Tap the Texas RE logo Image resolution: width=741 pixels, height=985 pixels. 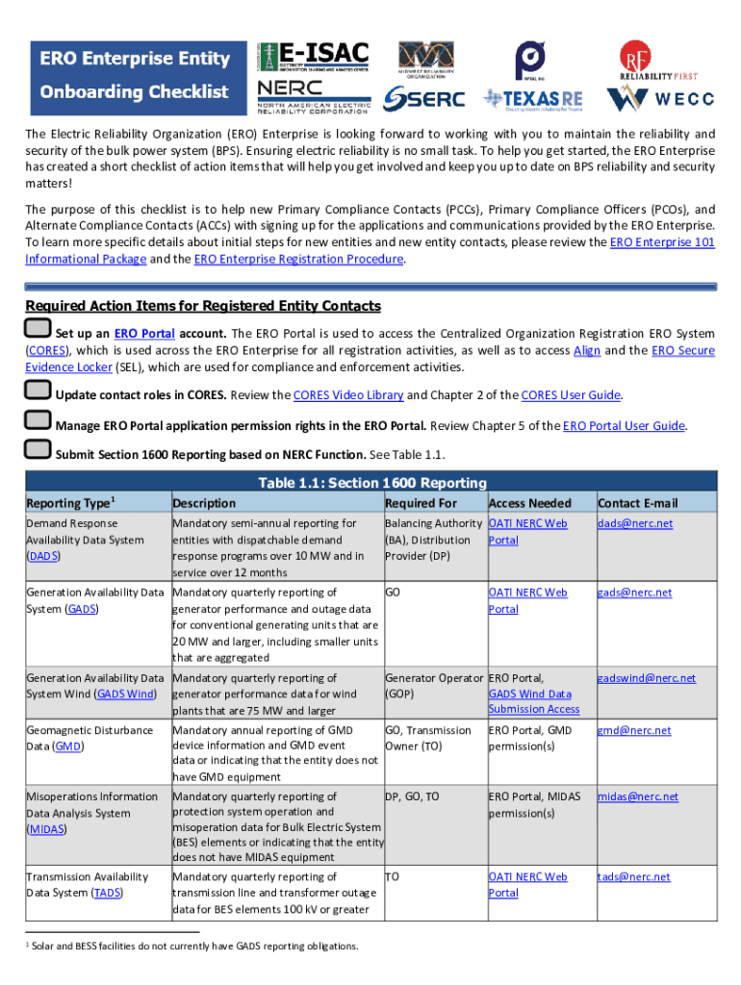tap(532, 98)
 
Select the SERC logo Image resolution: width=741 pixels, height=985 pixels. tap(423, 98)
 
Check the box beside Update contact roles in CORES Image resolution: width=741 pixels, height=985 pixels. tap(38, 391)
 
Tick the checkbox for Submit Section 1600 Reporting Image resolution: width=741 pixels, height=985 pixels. tap(38, 449)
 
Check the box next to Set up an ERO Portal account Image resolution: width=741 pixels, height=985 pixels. tap(38, 330)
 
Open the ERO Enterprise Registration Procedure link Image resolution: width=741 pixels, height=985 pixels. tap(298, 259)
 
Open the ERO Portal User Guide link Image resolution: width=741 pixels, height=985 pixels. tap(624, 425)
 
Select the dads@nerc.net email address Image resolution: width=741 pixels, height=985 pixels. tap(635, 523)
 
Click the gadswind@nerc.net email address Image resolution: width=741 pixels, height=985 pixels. tap(645, 678)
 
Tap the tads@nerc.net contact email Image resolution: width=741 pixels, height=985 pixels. tap(633, 876)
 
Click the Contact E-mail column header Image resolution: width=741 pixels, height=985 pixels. tap(637, 503)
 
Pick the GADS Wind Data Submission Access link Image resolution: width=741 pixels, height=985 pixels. tap(533, 701)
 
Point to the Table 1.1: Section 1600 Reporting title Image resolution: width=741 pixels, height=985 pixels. tap(370, 482)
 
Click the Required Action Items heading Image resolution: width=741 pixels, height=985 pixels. tap(203, 306)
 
